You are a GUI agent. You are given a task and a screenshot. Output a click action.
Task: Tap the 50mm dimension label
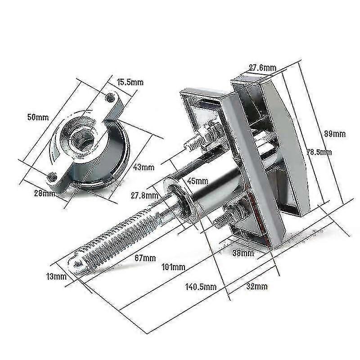38,117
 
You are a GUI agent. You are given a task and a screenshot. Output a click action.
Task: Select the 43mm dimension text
144,167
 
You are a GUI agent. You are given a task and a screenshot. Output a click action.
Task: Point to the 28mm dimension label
44,193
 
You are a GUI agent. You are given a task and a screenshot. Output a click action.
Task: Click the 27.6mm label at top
262,68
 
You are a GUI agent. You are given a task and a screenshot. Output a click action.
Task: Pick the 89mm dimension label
334,134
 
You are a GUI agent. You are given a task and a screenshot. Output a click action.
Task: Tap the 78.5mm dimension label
319,152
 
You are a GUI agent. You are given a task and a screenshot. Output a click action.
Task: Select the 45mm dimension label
197,181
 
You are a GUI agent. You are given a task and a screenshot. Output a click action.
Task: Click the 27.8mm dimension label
144,195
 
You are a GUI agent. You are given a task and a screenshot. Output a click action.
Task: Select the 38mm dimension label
243,253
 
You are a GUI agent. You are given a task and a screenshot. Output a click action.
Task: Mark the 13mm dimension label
56,276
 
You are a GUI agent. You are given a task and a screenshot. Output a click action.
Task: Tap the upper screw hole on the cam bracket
108,96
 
